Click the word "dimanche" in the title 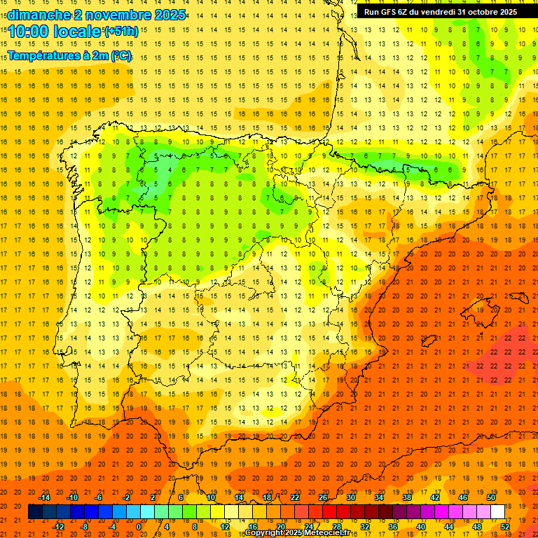pos(37,14)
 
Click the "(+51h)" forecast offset pos(120,32)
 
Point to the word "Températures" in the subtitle pos(43,55)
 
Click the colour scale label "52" pos(506,527)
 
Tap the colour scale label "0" pos(139,527)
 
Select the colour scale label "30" pos(351,497)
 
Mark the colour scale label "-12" pos(58,527)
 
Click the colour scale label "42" pos(435,497)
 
